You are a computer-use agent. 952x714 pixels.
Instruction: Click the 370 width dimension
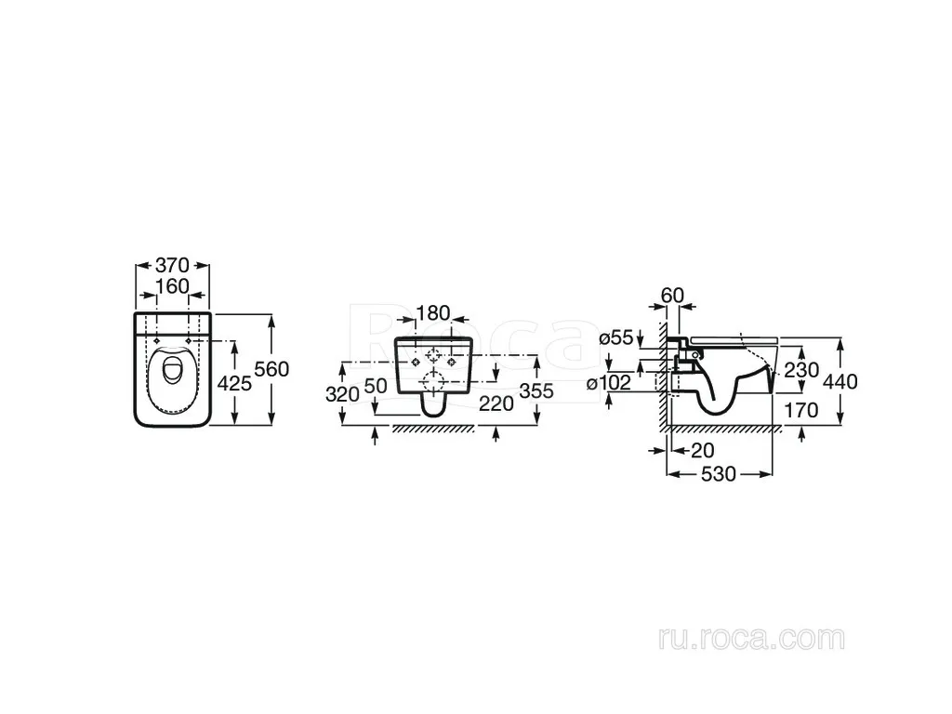(172, 265)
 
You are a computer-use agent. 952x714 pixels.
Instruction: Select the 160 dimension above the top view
(172, 286)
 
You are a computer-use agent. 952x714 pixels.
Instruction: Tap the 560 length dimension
(272, 368)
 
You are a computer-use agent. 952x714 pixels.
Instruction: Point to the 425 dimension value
(234, 383)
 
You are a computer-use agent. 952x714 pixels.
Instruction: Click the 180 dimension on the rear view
(433, 313)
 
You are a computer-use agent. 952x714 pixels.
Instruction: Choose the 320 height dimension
(343, 394)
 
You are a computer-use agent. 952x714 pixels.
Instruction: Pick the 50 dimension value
(376, 386)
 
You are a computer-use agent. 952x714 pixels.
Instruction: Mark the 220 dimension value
(496, 403)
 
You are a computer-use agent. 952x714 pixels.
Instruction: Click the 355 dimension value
(536, 391)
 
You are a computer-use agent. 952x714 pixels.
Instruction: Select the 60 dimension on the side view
(672, 296)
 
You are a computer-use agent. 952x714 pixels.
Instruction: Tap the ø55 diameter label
(616, 337)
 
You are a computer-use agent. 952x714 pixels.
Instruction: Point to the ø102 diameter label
(609, 383)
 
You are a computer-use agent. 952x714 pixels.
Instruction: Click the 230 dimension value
(801, 370)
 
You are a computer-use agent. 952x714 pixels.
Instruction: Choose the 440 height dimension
(840, 381)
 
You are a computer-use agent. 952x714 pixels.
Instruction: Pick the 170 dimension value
(801, 410)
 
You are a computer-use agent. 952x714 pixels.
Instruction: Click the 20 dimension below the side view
(703, 451)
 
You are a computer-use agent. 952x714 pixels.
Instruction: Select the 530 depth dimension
(719, 473)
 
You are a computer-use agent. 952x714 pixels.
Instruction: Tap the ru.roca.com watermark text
(751, 639)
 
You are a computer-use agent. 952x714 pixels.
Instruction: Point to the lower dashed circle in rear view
(433, 382)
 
